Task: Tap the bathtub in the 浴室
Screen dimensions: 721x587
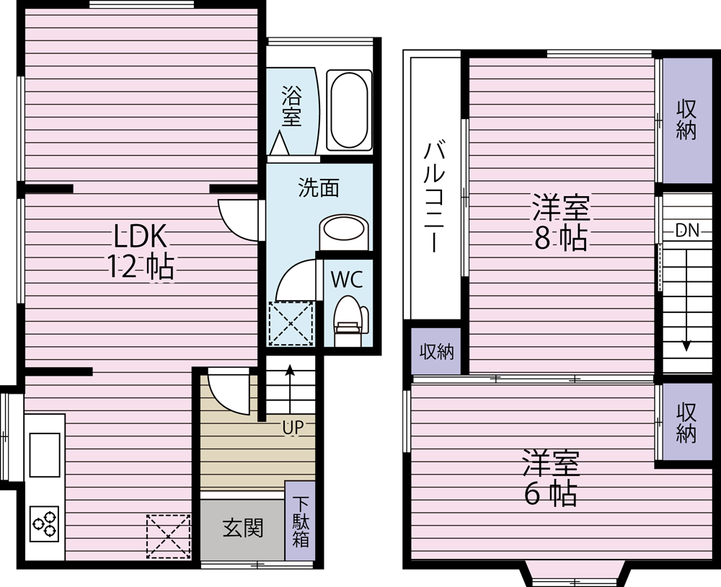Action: [349, 110]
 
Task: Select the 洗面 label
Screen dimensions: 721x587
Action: [319, 187]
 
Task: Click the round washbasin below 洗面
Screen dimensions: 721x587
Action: [343, 229]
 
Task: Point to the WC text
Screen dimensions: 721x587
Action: [347, 279]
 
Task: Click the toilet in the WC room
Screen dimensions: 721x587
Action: [351, 319]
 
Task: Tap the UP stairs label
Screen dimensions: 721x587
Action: [293, 428]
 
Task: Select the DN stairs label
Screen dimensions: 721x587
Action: [687, 230]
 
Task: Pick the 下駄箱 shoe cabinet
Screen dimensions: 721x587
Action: [300, 521]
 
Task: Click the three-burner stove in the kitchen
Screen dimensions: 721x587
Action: [45, 524]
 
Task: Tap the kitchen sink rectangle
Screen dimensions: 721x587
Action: [45, 454]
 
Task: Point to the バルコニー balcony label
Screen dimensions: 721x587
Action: [433, 198]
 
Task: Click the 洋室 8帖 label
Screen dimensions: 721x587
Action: [560, 222]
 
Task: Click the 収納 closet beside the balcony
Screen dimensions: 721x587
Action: [436, 351]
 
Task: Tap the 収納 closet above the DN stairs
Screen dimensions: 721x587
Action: [686, 120]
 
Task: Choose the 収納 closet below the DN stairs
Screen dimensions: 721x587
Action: [686, 423]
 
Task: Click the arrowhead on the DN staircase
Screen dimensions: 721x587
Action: [686, 345]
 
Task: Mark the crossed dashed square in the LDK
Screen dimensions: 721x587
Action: [168, 537]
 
